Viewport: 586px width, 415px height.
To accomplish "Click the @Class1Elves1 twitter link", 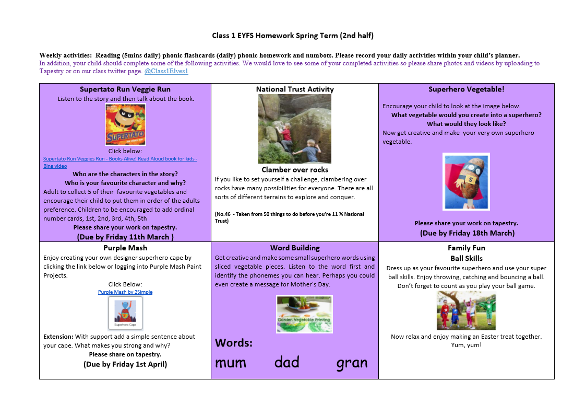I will click(x=166, y=71).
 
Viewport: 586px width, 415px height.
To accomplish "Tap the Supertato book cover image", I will click(x=125, y=124).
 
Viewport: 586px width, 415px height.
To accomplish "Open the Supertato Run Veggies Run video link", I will click(x=120, y=159).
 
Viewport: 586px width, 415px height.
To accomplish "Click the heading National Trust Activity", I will click(x=295, y=89).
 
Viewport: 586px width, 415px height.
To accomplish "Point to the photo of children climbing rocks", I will click(x=295, y=129).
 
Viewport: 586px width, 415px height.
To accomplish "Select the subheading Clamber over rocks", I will click(x=295, y=169).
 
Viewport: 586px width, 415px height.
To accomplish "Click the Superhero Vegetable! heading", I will click(x=467, y=89).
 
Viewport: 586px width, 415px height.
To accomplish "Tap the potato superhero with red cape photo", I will click(x=466, y=181).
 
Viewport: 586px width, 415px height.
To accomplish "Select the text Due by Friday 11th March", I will click(x=125, y=237).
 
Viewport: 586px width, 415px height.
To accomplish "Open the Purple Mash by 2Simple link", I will click(x=125, y=292).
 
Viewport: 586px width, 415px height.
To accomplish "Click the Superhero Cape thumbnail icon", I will click(x=125, y=313).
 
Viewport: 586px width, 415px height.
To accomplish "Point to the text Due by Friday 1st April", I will click(x=125, y=364).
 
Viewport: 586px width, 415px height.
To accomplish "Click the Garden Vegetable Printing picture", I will click(x=304, y=314).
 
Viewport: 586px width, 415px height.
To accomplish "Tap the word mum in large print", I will click(x=231, y=362).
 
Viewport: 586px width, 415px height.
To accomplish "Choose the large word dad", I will click(x=287, y=362).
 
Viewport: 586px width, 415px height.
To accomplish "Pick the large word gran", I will click(x=352, y=363).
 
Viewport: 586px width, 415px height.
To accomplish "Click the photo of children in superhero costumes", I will click(x=466, y=310).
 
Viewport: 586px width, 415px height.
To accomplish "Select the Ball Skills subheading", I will click(x=467, y=258).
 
